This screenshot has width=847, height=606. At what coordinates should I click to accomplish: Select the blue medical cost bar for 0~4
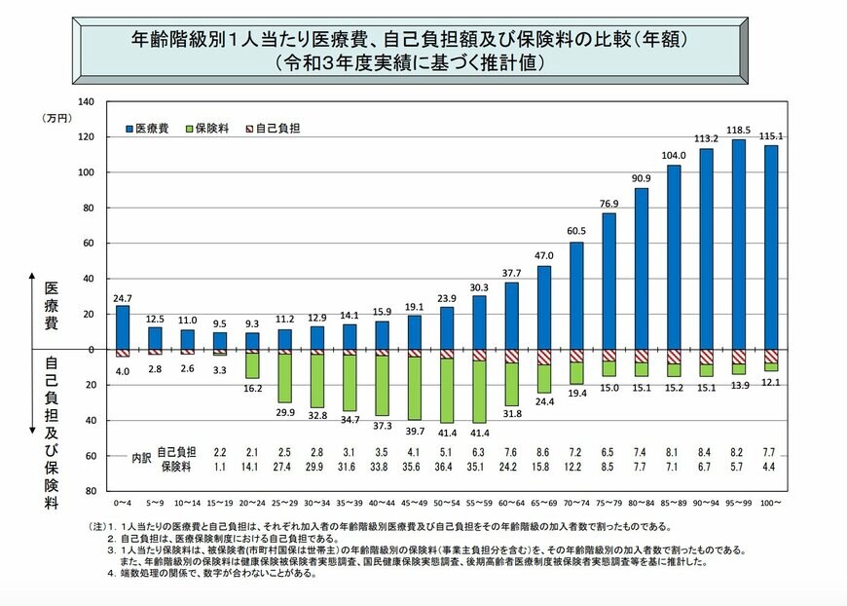pyautogui.click(x=122, y=327)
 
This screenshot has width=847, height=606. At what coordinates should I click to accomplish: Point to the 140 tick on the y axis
pyautogui.click(x=85, y=101)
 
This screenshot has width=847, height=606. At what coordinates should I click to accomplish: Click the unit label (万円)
pyautogui.click(x=56, y=118)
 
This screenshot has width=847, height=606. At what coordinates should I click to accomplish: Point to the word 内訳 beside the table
pyautogui.click(x=142, y=459)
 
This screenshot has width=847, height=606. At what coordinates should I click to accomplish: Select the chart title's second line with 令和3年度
pyautogui.click(x=414, y=62)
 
